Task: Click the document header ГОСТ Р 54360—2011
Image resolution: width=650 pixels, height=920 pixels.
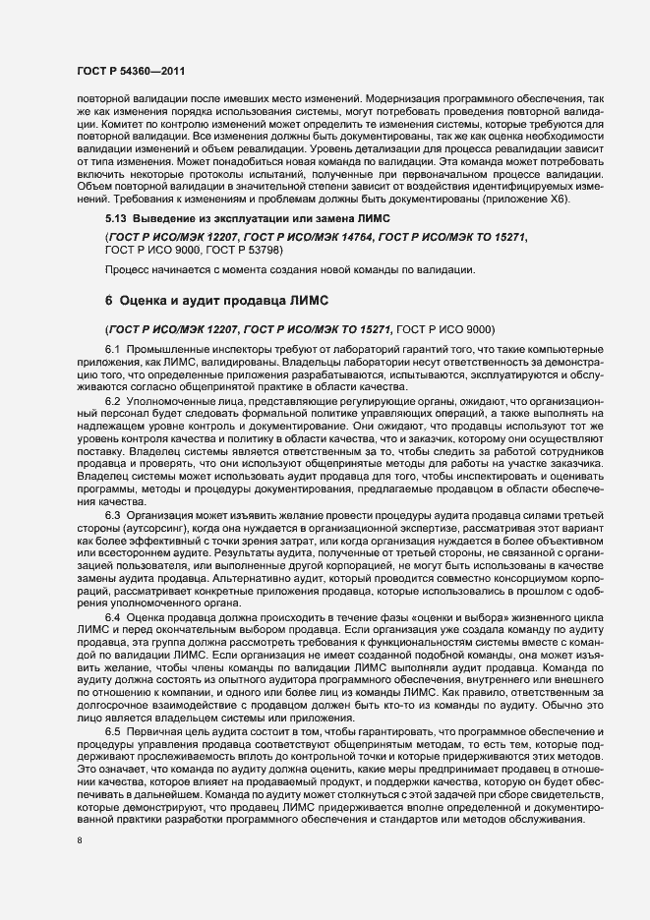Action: (x=130, y=71)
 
